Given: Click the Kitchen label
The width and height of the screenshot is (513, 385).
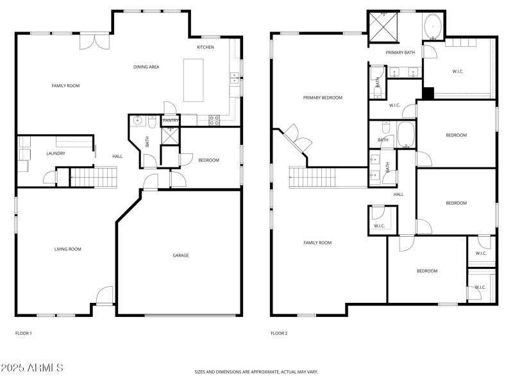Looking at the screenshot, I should click(x=205, y=47).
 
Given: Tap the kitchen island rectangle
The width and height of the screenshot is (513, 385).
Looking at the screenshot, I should click(x=193, y=80).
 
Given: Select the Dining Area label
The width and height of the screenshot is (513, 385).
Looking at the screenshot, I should click(x=146, y=67).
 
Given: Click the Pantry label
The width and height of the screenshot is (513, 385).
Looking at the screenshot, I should click(x=171, y=120).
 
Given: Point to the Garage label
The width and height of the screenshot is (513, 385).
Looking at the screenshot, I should click(x=181, y=255).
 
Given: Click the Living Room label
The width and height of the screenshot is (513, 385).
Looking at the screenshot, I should click(x=68, y=249).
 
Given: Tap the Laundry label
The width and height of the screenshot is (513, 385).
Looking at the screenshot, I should click(x=56, y=153).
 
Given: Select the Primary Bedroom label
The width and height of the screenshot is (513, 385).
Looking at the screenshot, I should click(x=323, y=98).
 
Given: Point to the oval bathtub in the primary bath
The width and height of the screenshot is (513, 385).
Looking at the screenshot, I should click(x=432, y=25).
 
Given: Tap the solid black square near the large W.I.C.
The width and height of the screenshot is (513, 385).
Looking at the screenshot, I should click(x=428, y=92).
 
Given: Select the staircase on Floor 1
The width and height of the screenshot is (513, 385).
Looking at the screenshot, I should click(x=94, y=176).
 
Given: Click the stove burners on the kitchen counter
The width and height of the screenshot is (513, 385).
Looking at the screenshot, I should click(x=214, y=119).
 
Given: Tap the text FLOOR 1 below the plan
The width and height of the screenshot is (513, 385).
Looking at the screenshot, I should click(x=23, y=334).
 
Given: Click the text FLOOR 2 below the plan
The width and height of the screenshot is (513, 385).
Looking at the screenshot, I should click(x=279, y=334).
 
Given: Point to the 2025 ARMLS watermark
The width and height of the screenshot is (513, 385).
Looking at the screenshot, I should click(x=32, y=368).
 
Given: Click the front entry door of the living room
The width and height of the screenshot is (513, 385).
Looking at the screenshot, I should click(x=104, y=296).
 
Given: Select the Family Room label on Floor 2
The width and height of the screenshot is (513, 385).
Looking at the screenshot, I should click(x=317, y=243).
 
